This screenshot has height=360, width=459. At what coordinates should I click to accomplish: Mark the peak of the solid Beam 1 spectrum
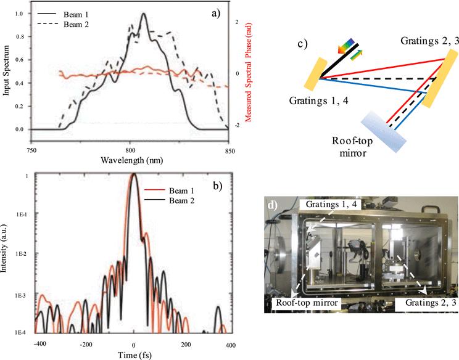click(x=144, y=14)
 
